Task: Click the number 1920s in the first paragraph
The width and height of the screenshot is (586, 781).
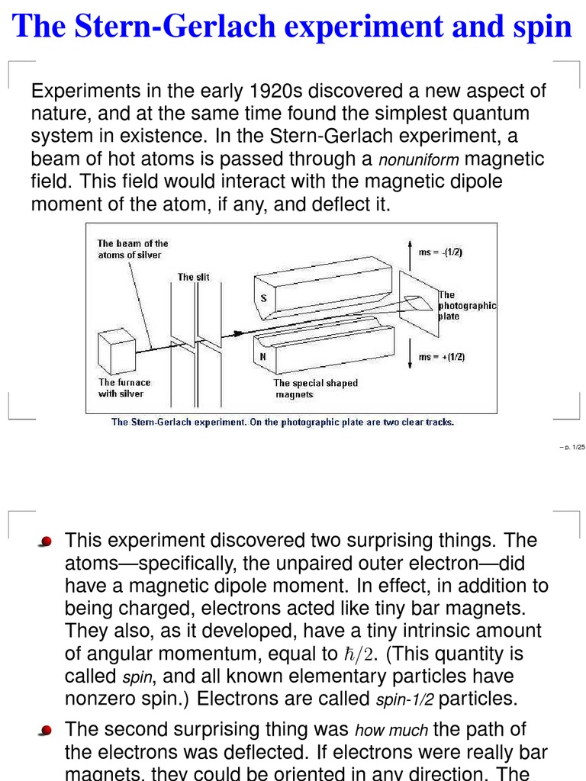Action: (277, 92)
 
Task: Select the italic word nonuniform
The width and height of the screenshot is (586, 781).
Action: (420, 161)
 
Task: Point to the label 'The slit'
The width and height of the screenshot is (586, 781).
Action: (193, 277)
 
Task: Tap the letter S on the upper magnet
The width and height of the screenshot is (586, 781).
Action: (263, 298)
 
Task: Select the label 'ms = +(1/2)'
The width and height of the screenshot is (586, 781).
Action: (442, 356)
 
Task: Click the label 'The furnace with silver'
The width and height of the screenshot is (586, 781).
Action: (124, 388)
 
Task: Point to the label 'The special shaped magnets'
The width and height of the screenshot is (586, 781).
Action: (315, 389)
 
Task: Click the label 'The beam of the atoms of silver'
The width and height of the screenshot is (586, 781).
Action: (132, 249)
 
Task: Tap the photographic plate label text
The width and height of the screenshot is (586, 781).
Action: (466, 305)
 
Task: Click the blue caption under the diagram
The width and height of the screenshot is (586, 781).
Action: (282, 422)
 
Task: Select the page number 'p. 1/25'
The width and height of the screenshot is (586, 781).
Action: (571, 448)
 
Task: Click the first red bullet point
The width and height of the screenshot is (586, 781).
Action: (47, 542)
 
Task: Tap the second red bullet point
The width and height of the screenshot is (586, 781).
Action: (47, 731)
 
